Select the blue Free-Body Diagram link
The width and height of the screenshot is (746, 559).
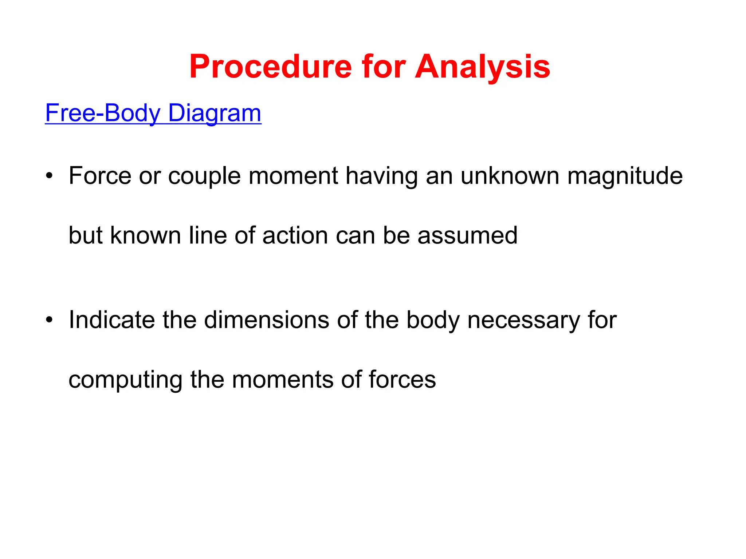point(153,113)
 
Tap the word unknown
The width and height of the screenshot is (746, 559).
point(510,176)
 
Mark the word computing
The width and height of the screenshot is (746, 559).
point(125,380)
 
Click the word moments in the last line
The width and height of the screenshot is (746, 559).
point(283,379)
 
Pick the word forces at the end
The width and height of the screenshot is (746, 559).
point(402,379)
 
